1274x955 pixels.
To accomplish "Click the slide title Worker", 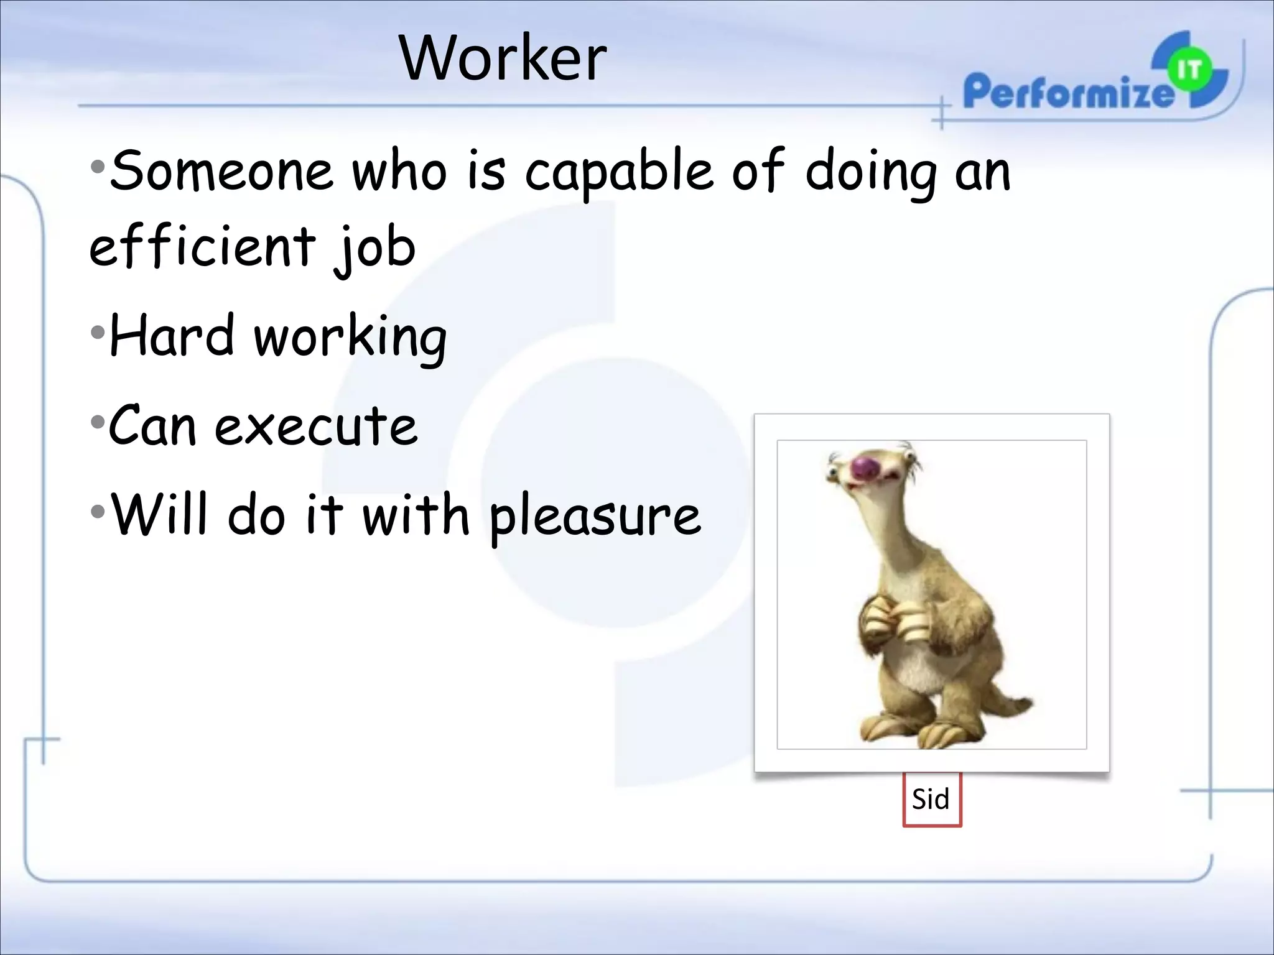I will (x=503, y=58).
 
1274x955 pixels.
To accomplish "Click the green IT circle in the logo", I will (x=1190, y=70).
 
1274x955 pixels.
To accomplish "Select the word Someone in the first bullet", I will (x=221, y=170).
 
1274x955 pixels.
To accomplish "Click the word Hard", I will (x=172, y=336).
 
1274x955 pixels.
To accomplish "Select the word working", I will (x=350, y=338).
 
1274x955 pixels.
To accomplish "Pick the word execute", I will (x=316, y=426).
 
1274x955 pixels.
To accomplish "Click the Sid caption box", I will (x=931, y=799).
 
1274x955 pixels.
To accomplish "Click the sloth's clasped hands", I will (x=894, y=622).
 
